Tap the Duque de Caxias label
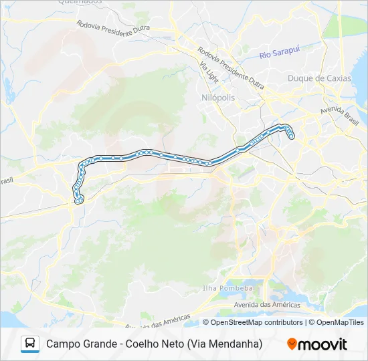(x=318, y=78)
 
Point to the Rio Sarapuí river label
(x=283, y=54)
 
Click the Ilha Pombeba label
(x=228, y=288)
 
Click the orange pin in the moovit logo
(x=292, y=344)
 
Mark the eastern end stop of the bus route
(x=292, y=137)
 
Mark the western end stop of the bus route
(x=79, y=200)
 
